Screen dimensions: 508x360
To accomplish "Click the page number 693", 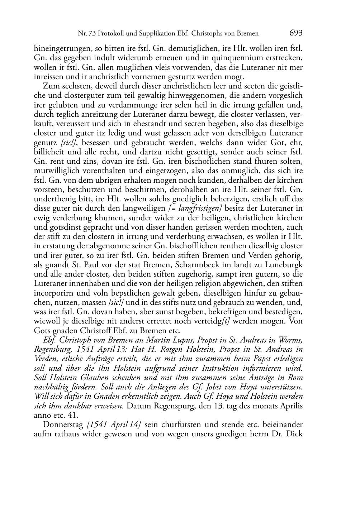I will (296, 33).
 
